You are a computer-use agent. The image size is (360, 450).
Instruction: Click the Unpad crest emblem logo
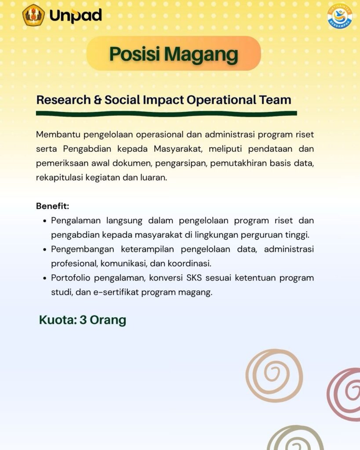pos(33,15)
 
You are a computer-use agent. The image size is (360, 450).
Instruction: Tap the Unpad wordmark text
pos(76,15)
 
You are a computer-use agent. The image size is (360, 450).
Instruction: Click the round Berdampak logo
pos(340,16)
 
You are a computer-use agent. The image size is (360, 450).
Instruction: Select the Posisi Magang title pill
pos(174,53)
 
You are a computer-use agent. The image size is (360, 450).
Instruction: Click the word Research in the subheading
pos(63,100)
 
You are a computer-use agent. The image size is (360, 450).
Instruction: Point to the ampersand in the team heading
pos(98,100)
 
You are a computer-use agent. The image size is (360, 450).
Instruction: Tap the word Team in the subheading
pos(275,100)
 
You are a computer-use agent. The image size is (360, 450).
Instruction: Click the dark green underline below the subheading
pos(167,114)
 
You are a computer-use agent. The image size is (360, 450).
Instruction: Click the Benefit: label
pos(53,206)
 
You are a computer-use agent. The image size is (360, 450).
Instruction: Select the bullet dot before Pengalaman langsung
pos(44,221)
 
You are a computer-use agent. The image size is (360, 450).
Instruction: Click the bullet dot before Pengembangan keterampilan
pos(44,250)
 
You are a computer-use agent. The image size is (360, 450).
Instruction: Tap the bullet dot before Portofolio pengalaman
pos(44,278)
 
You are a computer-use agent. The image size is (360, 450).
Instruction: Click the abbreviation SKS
pos(194,278)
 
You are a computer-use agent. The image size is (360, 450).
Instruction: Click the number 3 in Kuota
pos(83,320)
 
